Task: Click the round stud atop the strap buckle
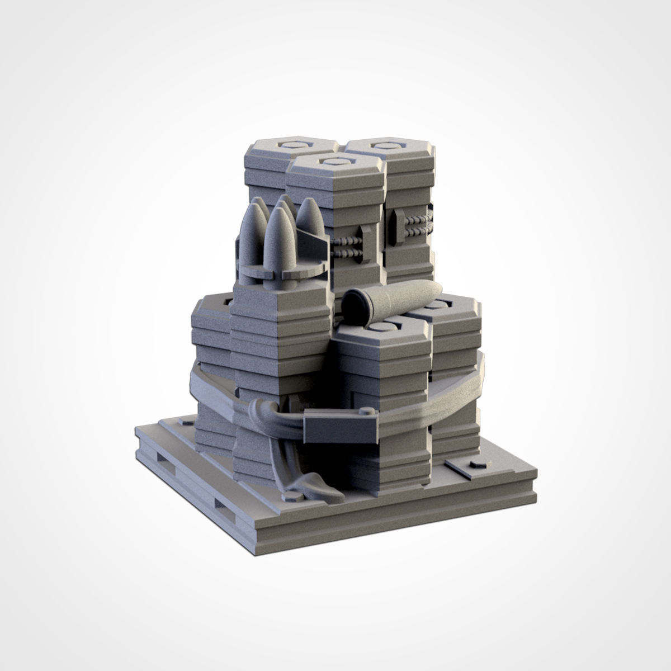367,412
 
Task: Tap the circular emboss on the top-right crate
384,146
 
